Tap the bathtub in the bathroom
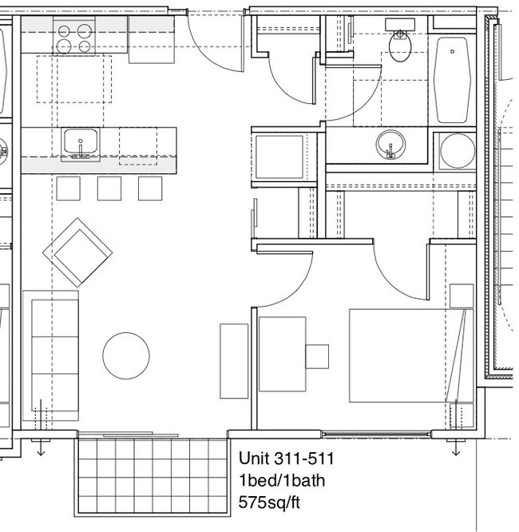[451, 80]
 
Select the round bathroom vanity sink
[390, 145]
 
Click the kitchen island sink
[81, 142]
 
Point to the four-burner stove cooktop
[74, 36]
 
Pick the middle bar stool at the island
[109, 189]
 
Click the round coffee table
[126, 355]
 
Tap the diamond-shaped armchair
[77, 252]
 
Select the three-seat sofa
[51, 355]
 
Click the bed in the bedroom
[411, 355]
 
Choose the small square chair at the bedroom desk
[317, 356]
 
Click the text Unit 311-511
[287, 459]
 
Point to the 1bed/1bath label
[282, 480]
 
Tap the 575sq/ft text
[269, 502]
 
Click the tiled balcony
[153, 476]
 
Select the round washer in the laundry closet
[458, 151]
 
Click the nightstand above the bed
[462, 296]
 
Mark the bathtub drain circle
[453, 52]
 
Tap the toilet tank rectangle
[400, 25]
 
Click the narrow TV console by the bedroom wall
[234, 361]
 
